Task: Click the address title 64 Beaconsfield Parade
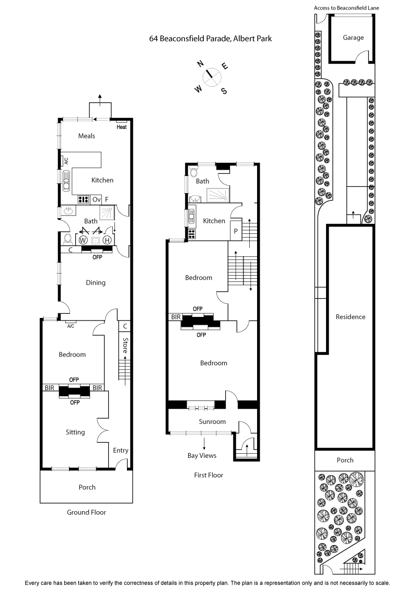pyautogui.click(x=211, y=39)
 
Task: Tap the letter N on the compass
pyautogui.click(x=200, y=64)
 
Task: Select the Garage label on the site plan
pyautogui.click(x=353, y=38)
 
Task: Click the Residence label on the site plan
pyautogui.click(x=350, y=317)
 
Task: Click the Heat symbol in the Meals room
pyautogui.click(x=122, y=127)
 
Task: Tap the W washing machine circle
pyautogui.click(x=83, y=240)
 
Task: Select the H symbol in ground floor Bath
pyautogui.click(x=107, y=240)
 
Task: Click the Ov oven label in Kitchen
pyautogui.click(x=96, y=199)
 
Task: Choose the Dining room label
pyautogui.click(x=96, y=282)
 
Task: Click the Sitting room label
pyautogui.click(x=75, y=432)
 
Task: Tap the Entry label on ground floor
pyautogui.click(x=121, y=451)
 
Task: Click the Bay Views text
pyautogui.click(x=202, y=455)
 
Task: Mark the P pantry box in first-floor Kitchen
pyautogui.click(x=236, y=231)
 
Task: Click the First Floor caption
pyautogui.click(x=208, y=475)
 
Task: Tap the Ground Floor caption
pyautogui.click(x=86, y=512)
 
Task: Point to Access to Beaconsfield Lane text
pyautogui.click(x=346, y=8)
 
